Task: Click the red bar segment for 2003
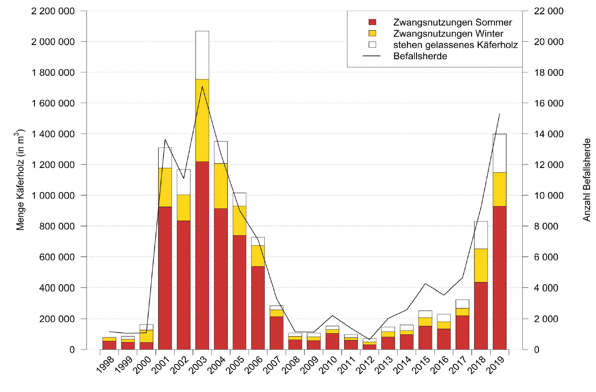pyautogui.click(x=202, y=256)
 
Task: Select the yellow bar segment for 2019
pyautogui.click(x=499, y=189)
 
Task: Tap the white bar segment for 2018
pyautogui.click(x=481, y=235)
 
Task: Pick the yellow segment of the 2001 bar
pyautogui.click(x=165, y=187)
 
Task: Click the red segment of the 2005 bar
pyautogui.click(x=239, y=292)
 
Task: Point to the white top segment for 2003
pyautogui.click(x=202, y=55)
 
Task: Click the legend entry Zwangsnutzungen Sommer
pyautogui.click(x=452, y=22)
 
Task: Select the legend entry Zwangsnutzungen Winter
pyautogui.click(x=448, y=34)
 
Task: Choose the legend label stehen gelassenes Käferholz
pyautogui.click(x=455, y=45)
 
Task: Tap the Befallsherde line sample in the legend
pyautogui.click(x=371, y=56)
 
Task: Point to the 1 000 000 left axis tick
pyautogui.click(x=53, y=196)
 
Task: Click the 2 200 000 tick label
pyautogui.click(x=53, y=11)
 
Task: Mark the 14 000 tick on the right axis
pyautogui.click(x=549, y=134)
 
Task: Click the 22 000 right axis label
pyautogui.click(x=549, y=11)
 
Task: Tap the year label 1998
pyautogui.click(x=105, y=365)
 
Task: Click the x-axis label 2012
pyautogui.click(x=365, y=365)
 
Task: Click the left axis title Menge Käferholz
pyautogui.click(x=20, y=179)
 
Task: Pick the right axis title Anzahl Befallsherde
pyautogui.click(x=587, y=179)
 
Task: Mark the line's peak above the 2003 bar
pyautogui.click(x=202, y=86)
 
